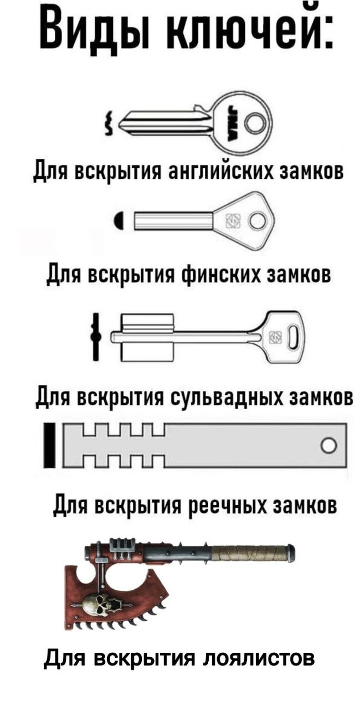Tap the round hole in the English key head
coord(256,120)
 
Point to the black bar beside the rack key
coord(50,445)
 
